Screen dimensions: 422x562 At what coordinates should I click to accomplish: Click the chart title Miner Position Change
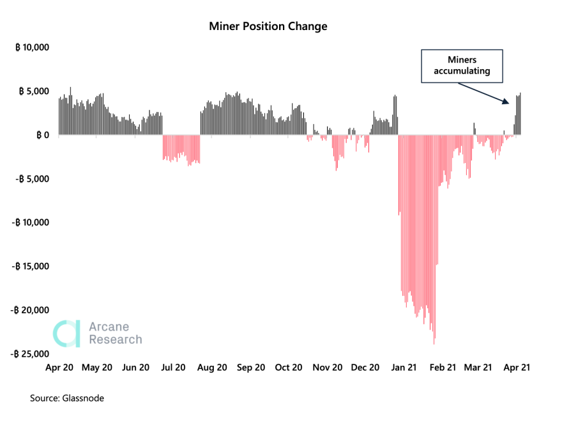(268, 26)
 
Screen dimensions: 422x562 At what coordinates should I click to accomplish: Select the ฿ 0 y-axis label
(42, 135)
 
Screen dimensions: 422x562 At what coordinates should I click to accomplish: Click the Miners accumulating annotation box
(462, 65)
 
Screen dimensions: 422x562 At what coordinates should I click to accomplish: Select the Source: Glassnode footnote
(67, 398)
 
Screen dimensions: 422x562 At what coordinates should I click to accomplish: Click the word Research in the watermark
(115, 340)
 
